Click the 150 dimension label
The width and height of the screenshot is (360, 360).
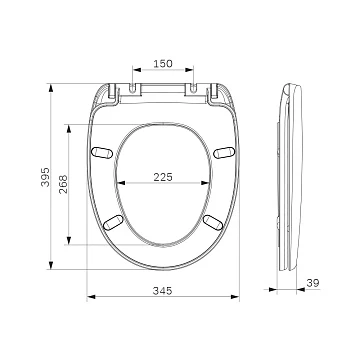(x=163, y=63)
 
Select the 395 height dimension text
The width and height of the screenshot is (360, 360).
(x=45, y=177)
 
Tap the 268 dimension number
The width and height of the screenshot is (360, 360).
(x=63, y=184)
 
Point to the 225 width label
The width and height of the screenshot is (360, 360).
(x=163, y=177)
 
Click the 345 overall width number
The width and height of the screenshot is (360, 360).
(x=163, y=291)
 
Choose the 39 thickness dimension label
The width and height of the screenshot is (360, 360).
(x=313, y=283)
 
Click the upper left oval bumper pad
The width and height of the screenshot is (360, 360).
(x=102, y=152)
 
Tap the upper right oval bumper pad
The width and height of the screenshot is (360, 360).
(x=224, y=152)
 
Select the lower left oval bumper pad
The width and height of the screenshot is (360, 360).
(x=113, y=222)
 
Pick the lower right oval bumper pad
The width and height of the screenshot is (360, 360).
(x=213, y=222)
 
